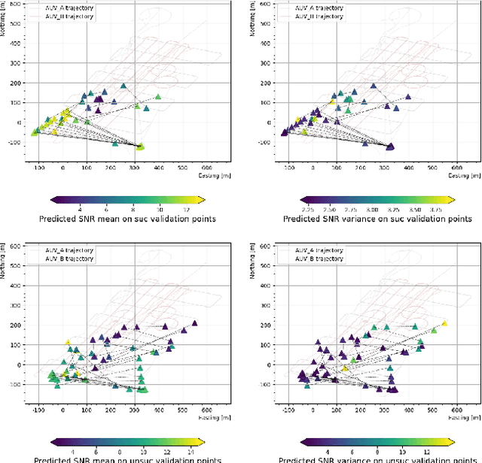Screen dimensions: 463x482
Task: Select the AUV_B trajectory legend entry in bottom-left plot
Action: (67, 259)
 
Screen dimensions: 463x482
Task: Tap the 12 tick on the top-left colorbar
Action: (185, 208)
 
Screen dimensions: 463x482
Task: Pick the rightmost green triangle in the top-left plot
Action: (158, 97)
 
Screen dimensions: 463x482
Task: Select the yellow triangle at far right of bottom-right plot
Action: (444, 323)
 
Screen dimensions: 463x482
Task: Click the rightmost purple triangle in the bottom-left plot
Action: (194, 322)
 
